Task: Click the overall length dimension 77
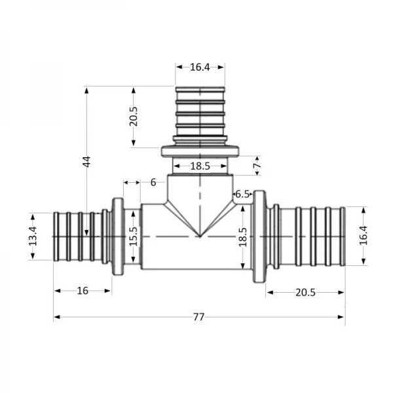[199, 317]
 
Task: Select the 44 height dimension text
[86, 162]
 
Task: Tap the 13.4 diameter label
[33, 236]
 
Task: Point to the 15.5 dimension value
[134, 236]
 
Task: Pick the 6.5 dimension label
[242, 194]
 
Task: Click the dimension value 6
[153, 182]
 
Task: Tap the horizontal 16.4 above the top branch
[200, 66]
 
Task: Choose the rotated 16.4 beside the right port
[363, 235]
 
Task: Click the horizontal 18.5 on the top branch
[200, 166]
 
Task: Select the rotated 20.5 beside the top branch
[134, 117]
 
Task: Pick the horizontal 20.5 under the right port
[305, 292]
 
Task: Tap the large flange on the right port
[259, 236]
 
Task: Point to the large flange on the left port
[118, 236]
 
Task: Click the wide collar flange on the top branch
[200, 151]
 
